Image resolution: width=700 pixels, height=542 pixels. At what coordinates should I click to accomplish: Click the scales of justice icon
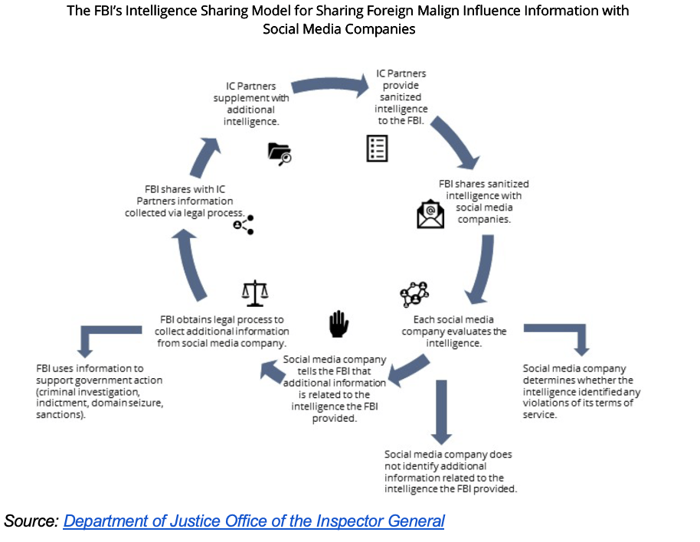(255, 292)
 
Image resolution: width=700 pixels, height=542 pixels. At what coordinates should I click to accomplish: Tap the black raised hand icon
(338, 324)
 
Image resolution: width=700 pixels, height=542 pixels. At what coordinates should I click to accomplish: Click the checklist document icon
(377, 149)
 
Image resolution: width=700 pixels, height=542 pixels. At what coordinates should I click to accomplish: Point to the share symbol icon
(243, 224)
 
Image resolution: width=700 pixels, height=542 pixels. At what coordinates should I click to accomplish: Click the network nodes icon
(414, 293)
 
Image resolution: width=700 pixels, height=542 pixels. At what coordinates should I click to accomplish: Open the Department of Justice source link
(254, 521)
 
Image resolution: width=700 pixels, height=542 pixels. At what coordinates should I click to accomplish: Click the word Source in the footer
(31, 521)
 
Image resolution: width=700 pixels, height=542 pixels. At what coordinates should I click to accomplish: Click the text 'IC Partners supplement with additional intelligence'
(250, 103)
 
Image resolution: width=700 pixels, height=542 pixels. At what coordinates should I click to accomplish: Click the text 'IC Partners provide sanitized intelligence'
(401, 97)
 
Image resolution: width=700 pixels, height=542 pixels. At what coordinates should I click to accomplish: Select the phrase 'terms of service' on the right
(585, 409)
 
